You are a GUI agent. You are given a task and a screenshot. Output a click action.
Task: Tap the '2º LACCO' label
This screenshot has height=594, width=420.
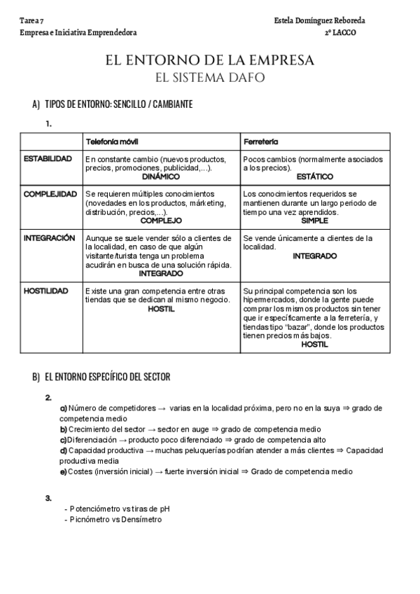tap(341, 32)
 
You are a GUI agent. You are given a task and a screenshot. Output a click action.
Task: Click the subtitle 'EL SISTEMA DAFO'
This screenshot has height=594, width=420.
tap(209, 78)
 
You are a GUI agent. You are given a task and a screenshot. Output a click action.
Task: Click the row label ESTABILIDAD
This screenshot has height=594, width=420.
tap(48, 159)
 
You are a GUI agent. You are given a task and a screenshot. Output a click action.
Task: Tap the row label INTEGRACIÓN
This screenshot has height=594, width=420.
tap(50, 238)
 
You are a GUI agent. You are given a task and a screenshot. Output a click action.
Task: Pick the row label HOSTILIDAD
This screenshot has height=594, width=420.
tap(46, 291)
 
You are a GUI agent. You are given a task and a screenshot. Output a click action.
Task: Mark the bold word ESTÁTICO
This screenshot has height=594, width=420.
tap(314, 177)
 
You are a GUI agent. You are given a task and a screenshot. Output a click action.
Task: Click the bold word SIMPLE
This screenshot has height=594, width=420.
tap(314, 221)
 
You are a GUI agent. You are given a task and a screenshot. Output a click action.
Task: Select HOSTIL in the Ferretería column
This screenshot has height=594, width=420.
tap(314, 345)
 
